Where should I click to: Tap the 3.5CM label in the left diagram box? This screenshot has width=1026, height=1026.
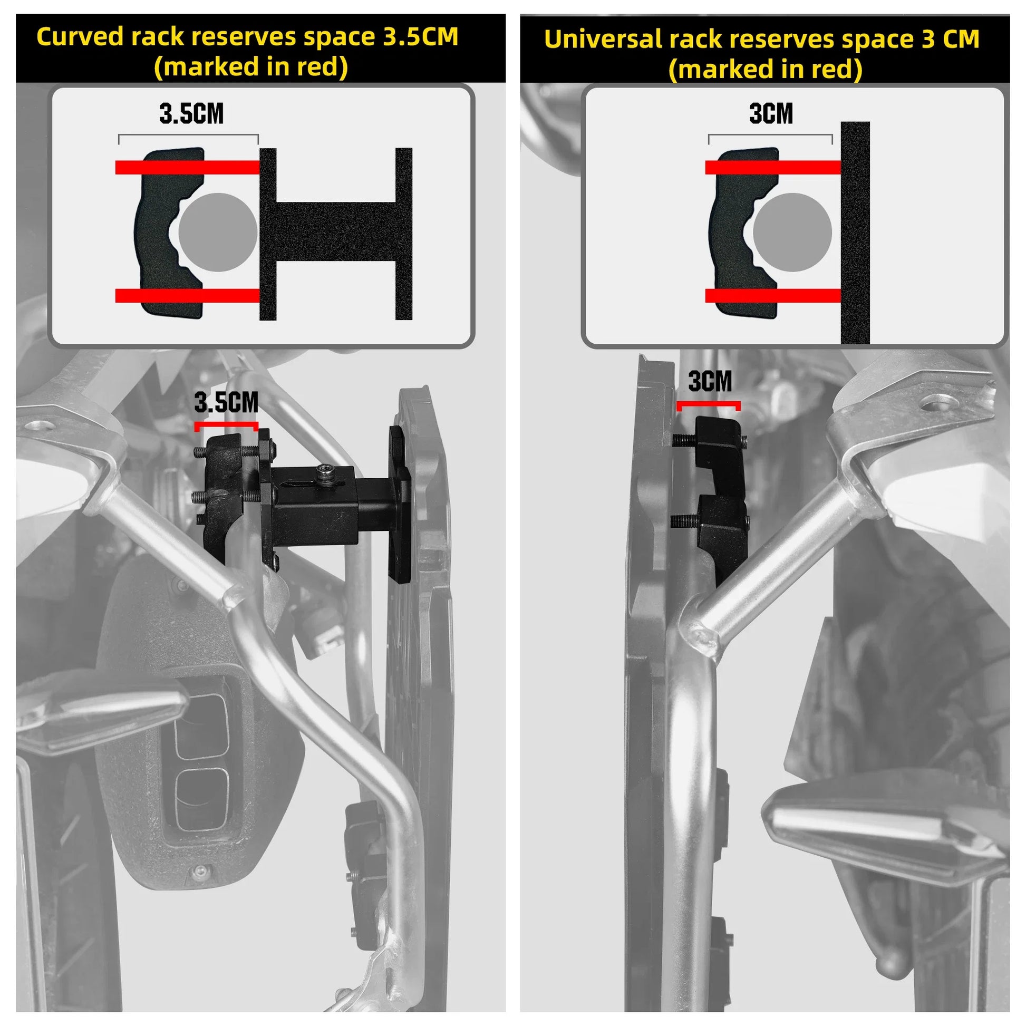pos(191,114)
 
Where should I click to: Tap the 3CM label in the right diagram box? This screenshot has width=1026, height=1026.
pos(771,114)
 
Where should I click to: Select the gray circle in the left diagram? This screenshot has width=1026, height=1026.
pos(218,232)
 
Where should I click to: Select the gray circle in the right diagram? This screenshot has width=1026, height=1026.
pos(792,232)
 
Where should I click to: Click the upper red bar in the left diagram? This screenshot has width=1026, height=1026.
pos(187,167)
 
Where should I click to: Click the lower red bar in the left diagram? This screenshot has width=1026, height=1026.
pos(187,295)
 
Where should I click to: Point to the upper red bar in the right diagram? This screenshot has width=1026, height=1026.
pos(773,167)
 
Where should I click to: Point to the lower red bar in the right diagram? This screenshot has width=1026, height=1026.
pos(773,295)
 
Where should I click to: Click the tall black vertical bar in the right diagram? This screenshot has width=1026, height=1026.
pos(855,233)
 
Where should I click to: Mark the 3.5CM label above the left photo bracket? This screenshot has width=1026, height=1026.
pos(226,402)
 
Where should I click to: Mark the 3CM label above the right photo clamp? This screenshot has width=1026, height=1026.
pos(710,381)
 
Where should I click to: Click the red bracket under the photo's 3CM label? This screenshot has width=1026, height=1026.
pos(709,404)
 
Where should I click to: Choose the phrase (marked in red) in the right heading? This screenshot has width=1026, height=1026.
pos(765,69)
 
